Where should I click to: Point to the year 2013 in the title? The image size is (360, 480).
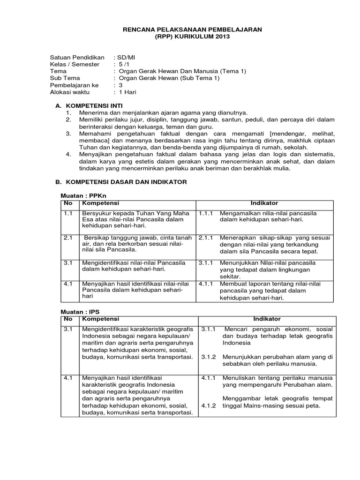[x=222, y=37]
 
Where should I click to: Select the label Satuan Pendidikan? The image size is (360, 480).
[x=77, y=57]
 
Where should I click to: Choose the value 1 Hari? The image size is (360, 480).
[x=126, y=92]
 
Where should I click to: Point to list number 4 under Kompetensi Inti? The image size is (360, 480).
[x=68, y=153]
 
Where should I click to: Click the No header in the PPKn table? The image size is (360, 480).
[x=67, y=203]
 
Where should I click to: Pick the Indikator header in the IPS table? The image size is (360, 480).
[x=267, y=319]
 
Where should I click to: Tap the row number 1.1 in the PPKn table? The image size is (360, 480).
[x=67, y=213]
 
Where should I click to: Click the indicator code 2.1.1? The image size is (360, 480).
[x=206, y=238]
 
